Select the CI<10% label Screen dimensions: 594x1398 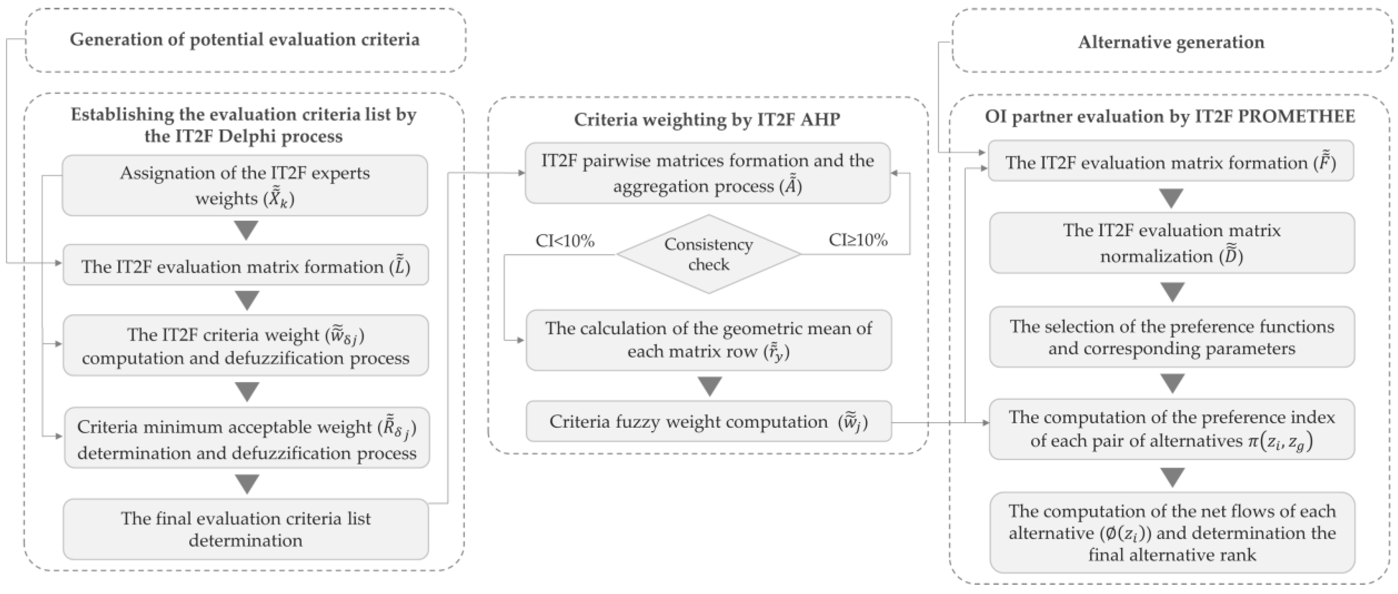[565, 241]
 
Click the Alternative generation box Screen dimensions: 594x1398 [1171, 42]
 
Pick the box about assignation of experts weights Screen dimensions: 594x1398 [245, 185]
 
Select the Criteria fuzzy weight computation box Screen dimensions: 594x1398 [708, 421]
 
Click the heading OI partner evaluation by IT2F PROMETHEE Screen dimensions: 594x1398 [1170, 116]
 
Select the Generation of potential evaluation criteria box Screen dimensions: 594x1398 [245, 40]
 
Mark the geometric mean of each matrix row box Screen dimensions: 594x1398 [708, 340]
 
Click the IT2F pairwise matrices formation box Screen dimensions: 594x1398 [707, 173]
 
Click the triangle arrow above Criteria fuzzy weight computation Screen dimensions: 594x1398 [709, 386]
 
